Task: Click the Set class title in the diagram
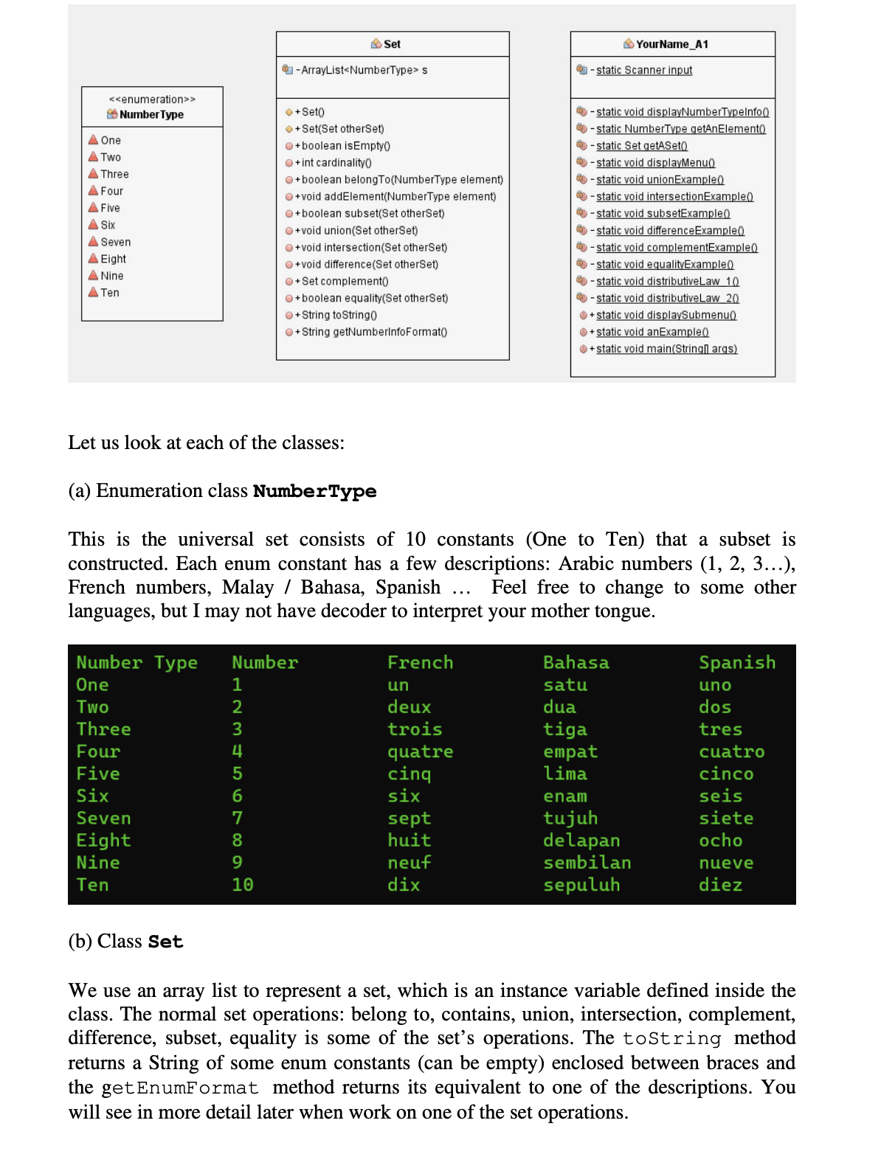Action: coord(392,44)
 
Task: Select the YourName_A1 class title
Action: coord(671,44)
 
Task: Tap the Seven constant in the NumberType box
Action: coord(115,242)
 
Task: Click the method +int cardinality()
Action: coord(336,162)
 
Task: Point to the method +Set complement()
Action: coord(344,281)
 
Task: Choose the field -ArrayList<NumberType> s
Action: coord(362,70)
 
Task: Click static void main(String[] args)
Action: coord(666,349)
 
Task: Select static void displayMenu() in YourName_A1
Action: coord(655,162)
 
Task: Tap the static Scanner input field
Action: coord(643,70)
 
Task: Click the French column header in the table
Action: coord(420,662)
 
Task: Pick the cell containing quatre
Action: coord(420,751)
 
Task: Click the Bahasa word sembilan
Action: coord(587,863)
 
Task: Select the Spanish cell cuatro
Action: coord(731,751)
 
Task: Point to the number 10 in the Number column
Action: coord(242,885)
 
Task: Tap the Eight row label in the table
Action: coord(103,841)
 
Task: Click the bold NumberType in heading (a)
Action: coord(314,492)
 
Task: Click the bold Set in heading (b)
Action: coord(165,942)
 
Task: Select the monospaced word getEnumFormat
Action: coord(180,1088)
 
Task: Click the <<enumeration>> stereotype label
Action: coord(152,100)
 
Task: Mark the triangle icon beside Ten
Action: coord(93,292)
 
